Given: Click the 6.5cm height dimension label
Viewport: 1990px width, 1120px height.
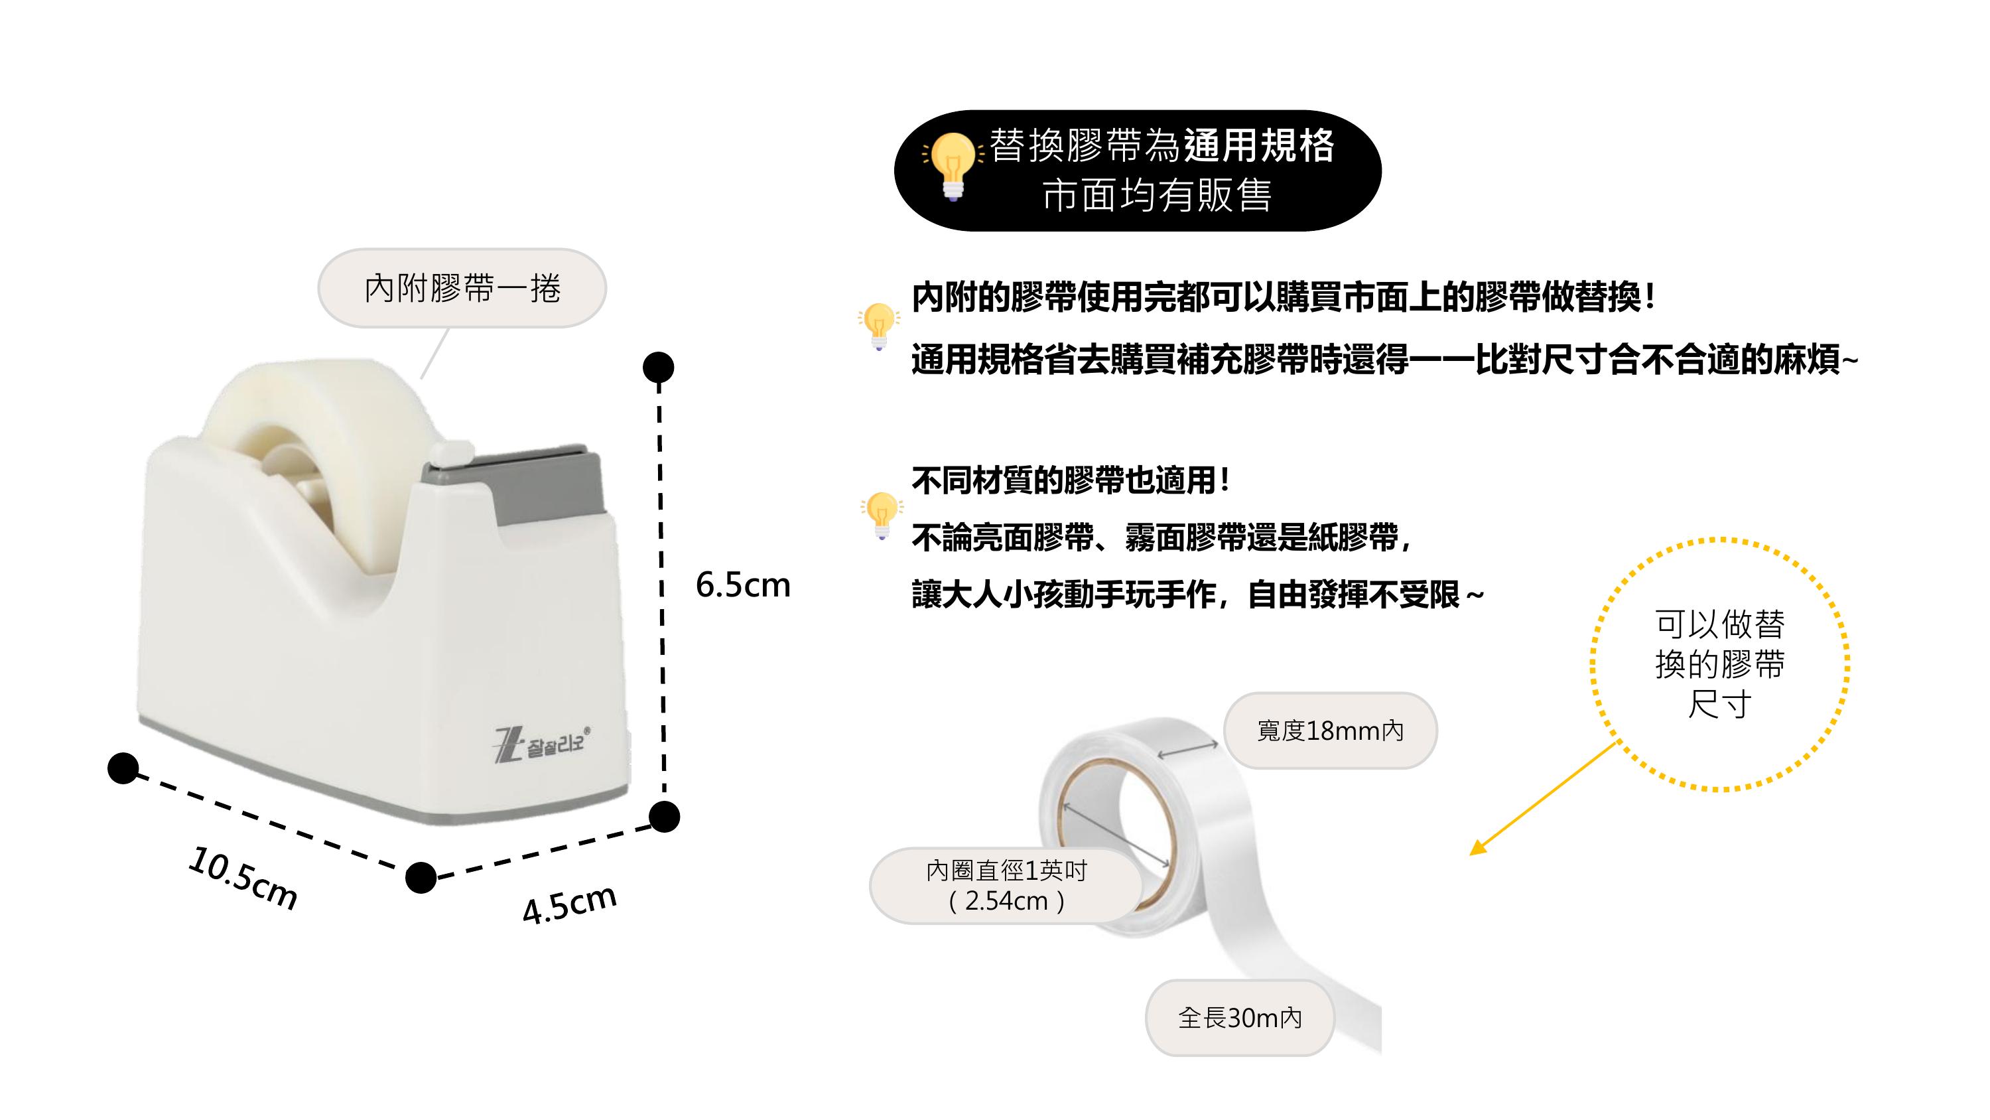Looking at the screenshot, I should (742, 585).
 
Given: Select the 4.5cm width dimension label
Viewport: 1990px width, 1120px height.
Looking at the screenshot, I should (569, 904).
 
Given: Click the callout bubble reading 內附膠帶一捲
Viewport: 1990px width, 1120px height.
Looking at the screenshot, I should (462, 289).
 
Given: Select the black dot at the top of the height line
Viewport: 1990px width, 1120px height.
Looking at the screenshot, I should (658, 367).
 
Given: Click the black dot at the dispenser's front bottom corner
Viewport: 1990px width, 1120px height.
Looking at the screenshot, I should (421, 877).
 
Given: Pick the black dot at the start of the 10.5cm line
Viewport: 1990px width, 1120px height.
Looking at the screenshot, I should (123, 768).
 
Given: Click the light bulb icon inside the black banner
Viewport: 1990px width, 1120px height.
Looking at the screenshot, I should (953, 165).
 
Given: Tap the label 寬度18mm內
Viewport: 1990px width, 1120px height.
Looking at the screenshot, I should (1329, 731).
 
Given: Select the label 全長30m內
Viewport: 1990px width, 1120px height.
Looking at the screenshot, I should (1240, 1018).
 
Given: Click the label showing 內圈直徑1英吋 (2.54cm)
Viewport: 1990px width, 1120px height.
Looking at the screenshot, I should (1006, 886).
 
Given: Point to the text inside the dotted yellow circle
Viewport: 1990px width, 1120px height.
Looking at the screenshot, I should (1719, 664).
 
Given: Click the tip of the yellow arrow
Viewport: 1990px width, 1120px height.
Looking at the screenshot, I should (1473, 853).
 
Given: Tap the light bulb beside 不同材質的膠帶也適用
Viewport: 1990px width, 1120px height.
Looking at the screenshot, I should (881, 514).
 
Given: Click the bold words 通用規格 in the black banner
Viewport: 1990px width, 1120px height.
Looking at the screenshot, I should (1258, 145).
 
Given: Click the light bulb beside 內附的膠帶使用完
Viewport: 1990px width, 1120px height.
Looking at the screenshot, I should (879, 324).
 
